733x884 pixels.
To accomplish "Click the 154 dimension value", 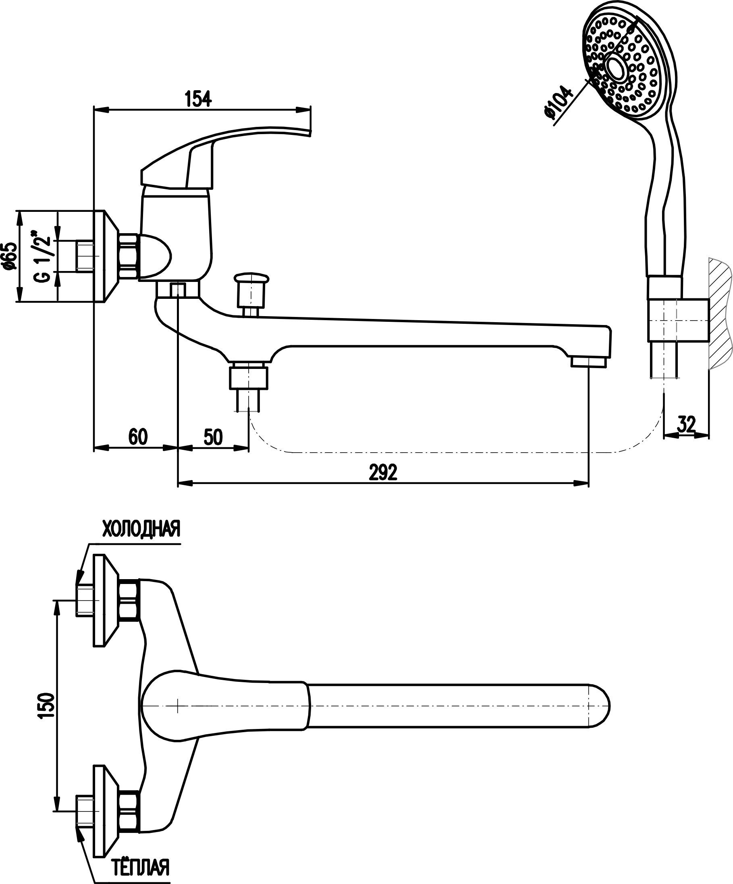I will coord(198,99).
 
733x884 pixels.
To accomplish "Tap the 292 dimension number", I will coord(383,473).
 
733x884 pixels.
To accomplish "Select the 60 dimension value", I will coord(138,437).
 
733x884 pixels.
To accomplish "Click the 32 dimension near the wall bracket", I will coord(686,424).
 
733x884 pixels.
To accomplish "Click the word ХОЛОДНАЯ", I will coord(141,529).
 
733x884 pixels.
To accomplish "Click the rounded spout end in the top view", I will coord(598,706).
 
